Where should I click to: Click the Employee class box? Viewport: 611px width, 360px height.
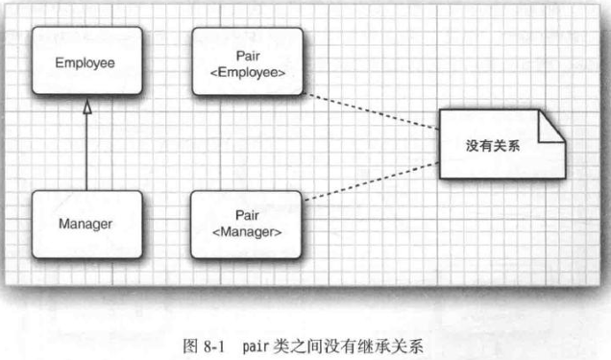[86, 63]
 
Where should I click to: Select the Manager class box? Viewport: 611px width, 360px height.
[86, 225]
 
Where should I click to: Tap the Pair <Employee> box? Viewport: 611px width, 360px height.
[247, 61]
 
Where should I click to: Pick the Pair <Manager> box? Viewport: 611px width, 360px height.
[247, 225]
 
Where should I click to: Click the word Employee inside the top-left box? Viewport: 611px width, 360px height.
[86, 63]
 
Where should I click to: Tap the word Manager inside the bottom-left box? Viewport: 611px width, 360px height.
[86, 225]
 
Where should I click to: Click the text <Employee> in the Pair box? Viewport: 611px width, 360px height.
[247, 71]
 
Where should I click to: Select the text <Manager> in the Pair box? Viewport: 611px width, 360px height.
[247, 233]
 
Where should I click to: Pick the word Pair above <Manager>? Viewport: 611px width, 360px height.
[247, 216]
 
